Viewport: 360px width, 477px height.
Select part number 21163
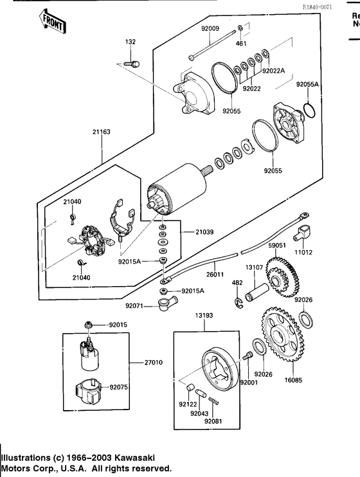click(102, 132)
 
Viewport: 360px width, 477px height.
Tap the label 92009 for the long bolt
click(210, 28)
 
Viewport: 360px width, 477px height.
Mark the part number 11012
click(304, 253)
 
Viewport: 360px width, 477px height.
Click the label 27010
click(152, 362)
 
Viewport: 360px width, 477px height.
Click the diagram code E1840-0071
click(336, 6)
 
